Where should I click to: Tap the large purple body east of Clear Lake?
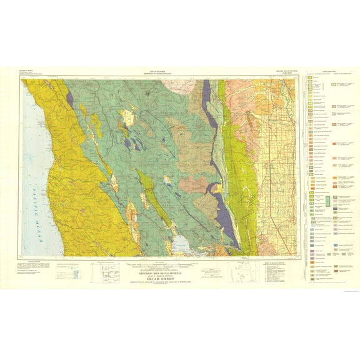223,212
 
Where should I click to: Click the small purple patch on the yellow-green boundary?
69,97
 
